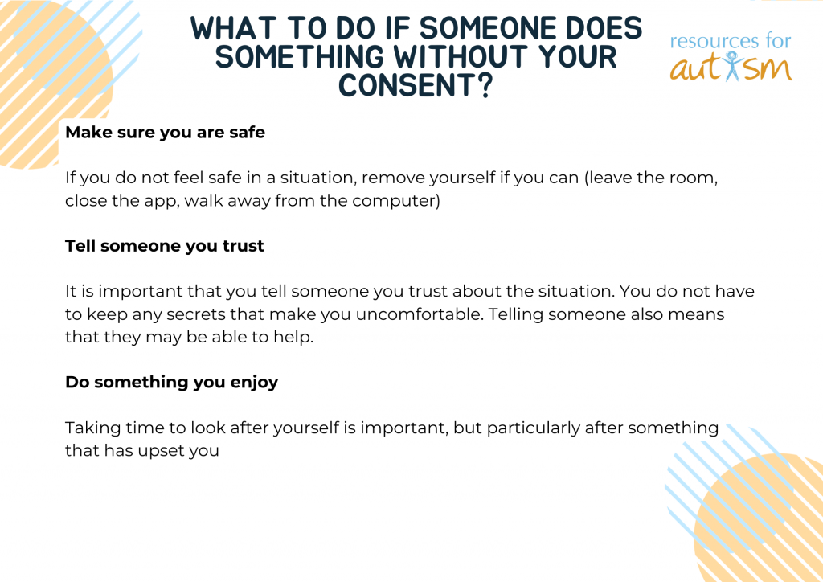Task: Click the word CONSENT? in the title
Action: (x=416, y=85)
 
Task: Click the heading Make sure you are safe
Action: (x=165, y=133)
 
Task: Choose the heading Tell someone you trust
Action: (x=164, y=246)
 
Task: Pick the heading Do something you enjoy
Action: (x=172, y=382)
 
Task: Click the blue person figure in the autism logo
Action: (x=731, y=66)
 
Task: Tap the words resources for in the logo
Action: (x=731, y=41)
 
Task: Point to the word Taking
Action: (x=93, y=428)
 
